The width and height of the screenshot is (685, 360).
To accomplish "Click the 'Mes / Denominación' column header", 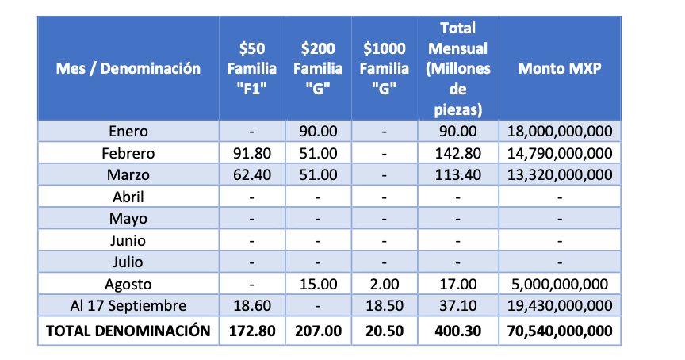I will [x=128, y=68].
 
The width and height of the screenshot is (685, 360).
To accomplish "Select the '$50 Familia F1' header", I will [x=251, y=68].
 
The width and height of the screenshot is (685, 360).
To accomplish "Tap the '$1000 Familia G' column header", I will [x=384, y=68].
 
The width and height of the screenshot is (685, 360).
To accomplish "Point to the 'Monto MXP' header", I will [x=560, y=68].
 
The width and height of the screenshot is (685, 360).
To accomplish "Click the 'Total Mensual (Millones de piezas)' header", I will [x=457, y=68].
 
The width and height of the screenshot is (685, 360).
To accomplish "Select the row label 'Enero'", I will [x=128, y=132].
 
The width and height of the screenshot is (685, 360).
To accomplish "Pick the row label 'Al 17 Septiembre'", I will [x=128, y=305].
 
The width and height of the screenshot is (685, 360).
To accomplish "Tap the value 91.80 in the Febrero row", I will [x=251, y=153].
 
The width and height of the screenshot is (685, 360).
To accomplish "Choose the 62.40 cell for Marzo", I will [x=251, y=174].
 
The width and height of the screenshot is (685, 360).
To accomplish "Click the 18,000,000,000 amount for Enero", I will [x=560, y=132].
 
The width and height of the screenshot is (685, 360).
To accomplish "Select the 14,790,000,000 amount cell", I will [x=560, y=153].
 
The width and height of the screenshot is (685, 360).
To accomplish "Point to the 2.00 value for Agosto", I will [x=384, y=284].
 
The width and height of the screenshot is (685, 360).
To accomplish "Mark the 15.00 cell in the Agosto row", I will [x=317, y=284].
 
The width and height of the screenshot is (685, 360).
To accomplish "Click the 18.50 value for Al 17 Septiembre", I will [x=384, y=305].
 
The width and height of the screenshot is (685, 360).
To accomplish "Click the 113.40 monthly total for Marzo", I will [x=457, y=174].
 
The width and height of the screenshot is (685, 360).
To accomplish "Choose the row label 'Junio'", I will [x=128, y=240].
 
